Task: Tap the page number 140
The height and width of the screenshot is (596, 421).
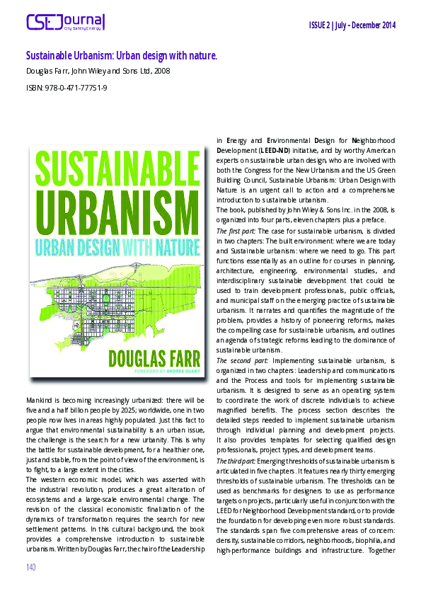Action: pyautogui.click(x=31, y=567)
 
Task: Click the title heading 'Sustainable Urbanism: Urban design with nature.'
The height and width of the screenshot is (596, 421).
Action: pyautogui.click(x=121, y=55)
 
